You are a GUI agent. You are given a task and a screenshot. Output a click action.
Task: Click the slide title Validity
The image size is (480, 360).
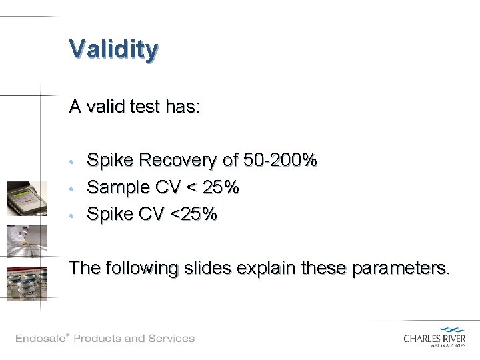tap(113, 49)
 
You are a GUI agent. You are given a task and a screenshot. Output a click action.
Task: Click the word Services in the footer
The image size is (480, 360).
tap(170, 337)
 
